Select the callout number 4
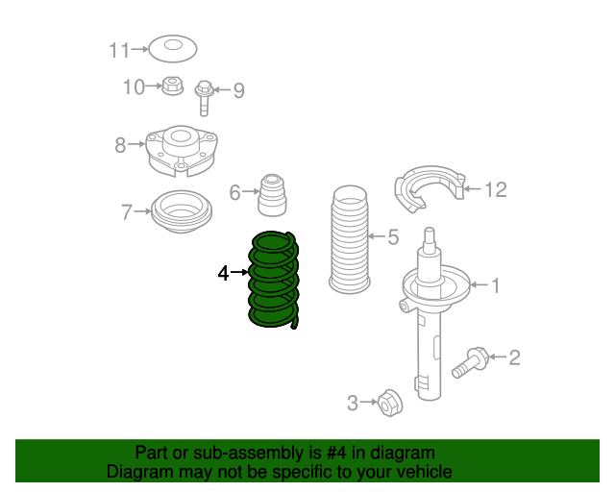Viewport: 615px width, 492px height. pyautogui.click(x=223, y=273)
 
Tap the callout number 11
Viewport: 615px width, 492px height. pyautogui.click(x=119, y=51)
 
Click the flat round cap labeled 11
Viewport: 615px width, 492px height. pyautogui.click(x=173, y=49)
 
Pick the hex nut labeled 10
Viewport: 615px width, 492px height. pyautogui.click(x=173, y=86)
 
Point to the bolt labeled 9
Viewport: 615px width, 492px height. pyautogui.click(x=204, y=98)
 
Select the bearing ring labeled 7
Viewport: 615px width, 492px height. pyautogui.click(x=182, y=211)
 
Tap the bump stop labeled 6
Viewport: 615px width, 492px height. pyautogui.click(x=272, y=195)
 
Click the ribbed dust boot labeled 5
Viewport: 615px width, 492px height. pyautogui.click(x=350, y=239)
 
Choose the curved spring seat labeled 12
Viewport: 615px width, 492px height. pyautogui.click(x=430, y=188)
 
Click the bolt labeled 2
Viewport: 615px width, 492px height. pyautogui.click(x=470, y=362)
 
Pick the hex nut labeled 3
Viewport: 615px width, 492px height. pyautogui.click(x=390, y=403)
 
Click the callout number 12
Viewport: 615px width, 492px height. pyautogui.click(x=496, y=190)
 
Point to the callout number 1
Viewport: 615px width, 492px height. pyautogui.click(x=496, y=285)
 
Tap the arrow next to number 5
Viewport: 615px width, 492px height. pyautogui.click(x=377, y=236)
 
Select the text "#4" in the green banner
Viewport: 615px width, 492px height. pyautogui.click(x=336, y=453)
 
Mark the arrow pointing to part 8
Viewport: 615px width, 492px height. pyautogui.click(x=136, y=144)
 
